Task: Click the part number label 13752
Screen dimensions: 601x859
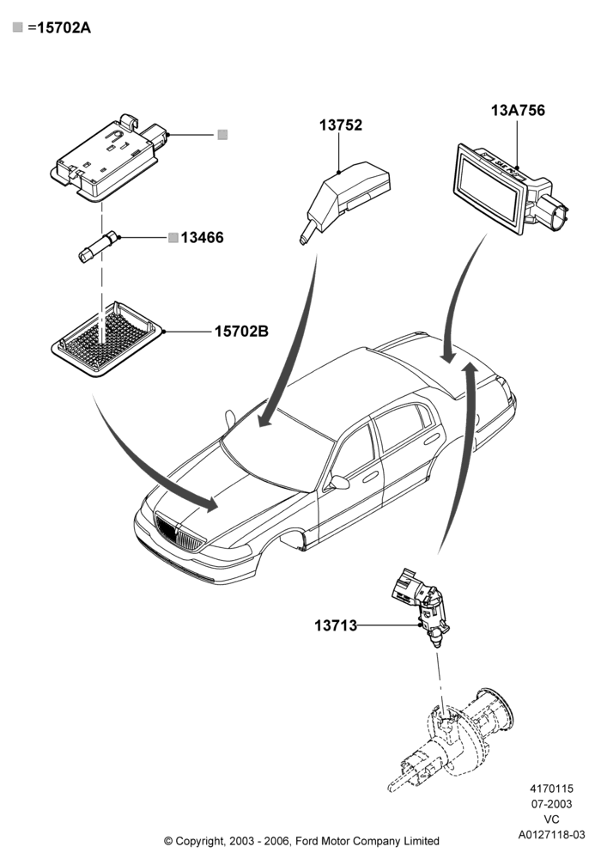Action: (x=341, y=125)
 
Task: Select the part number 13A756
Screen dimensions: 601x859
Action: (x=518, y=111)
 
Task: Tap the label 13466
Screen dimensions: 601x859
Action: (x=202, y=238)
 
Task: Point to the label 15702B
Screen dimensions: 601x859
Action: (x=241, y=332)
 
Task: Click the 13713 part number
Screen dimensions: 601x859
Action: (x=336, y=625)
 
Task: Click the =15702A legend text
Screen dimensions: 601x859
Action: (x=59, y=27)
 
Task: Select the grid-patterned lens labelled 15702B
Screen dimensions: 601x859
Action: (x=107, y=339)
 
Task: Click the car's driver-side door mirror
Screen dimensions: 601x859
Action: (x=337, y=482)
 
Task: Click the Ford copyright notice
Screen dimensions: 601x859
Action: (x=301, y=840)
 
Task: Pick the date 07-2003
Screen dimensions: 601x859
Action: (x=552, y=804)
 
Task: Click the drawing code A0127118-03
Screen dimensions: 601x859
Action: (x=552, y=835)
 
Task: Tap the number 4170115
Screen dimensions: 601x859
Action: (x=552, y=789)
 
